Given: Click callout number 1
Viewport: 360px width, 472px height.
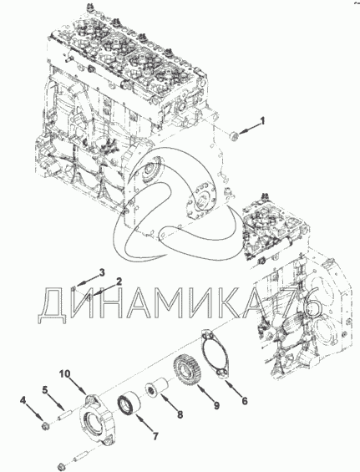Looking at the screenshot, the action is tap(262, 121).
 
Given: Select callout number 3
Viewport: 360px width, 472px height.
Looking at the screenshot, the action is tap(102, 272).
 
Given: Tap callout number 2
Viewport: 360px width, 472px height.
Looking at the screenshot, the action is tap(119, 282).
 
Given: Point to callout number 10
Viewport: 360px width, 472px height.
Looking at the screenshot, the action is tap(64, 374).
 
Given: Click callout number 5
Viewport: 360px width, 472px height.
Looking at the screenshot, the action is tap(45, 390).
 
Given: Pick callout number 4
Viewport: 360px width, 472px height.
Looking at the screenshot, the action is tap(23, 400).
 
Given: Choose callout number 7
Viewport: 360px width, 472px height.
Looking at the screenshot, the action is tap(155, 436).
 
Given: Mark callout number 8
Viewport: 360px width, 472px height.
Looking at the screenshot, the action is tap(180, 415).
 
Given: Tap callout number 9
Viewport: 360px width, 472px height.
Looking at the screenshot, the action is tap(216, 405).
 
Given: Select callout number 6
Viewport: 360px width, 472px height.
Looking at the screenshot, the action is tap(245, 401).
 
